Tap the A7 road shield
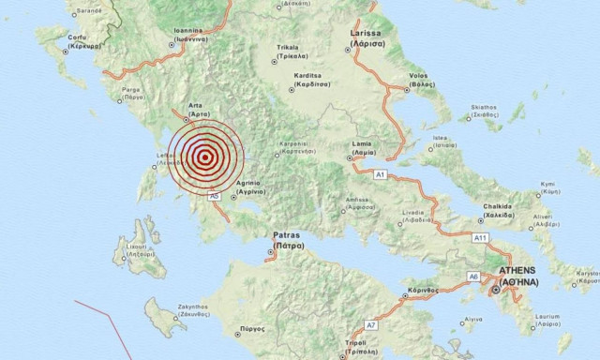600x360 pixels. pyautogui.click(x=371, y=325)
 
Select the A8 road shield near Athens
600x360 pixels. pyautogui.click(x=473, y=277)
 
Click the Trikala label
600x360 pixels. pyautogui.click(x=288, y=51)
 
